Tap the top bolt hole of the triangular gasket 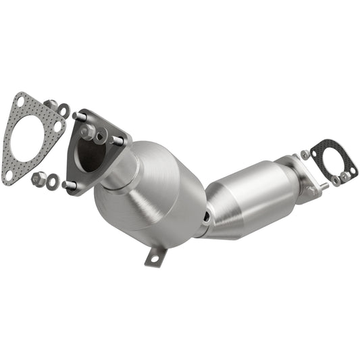pyautogui.click(x=22, y=102)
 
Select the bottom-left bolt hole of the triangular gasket pyautogui.click(x=9, y=174)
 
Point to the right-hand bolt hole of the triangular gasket pyautogui.click(x=59, y=126)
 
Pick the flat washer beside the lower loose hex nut pyautogui.click(x=51, y=182)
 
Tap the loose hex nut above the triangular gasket pyautogui.click(x=50, y=104)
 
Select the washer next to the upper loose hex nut pyautogui.click(x=63, y=109)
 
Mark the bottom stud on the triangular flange pyautogui.click(x=67, y=184)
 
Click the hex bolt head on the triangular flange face pyautogui.click(x=88, y=132)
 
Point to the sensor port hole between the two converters pyautogui.click(x=206, y=217)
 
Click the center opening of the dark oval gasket pyautogui.click(x=327, y=158)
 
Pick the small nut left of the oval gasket pyautogui.click(x=305, y=155)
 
